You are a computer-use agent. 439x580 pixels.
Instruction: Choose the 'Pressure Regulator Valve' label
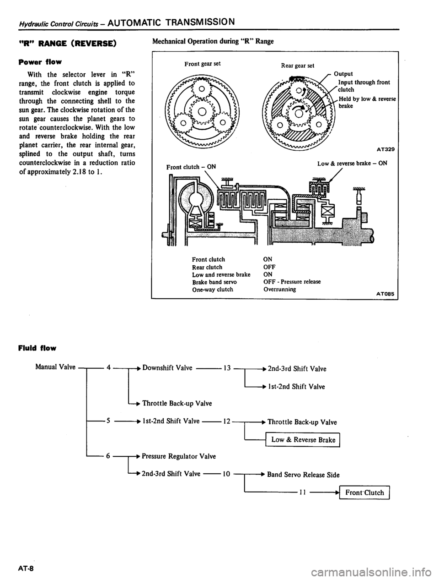click(x=179, y=456)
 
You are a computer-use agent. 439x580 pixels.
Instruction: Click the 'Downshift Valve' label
click(x=166, y=368)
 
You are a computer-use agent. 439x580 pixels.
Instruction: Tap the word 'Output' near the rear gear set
click(x=343, y=73)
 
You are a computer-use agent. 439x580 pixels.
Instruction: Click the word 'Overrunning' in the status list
click(x=279, y=289)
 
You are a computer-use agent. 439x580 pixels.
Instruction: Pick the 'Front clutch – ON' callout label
click(x=192, y=167)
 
